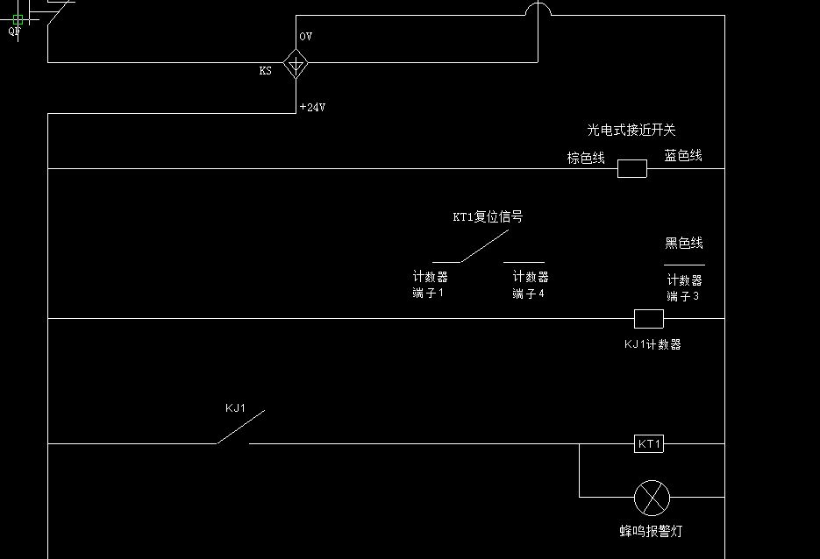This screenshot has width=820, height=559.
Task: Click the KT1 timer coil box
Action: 649,444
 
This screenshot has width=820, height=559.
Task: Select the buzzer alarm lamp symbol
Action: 652,498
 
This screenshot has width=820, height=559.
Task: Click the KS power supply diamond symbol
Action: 296,63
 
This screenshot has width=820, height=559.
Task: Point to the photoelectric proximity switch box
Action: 632,168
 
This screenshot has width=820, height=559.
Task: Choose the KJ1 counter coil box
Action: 648,318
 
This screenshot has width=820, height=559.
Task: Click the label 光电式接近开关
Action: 631,130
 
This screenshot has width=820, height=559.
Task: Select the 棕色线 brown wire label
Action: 586,158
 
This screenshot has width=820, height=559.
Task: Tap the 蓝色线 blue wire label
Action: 683,155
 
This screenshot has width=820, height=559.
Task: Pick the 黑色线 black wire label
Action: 684,243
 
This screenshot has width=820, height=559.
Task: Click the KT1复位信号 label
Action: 488,216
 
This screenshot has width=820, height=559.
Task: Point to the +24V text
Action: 312,108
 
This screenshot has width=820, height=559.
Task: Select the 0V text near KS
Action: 305,37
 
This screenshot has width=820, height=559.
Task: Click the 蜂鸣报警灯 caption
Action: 650,530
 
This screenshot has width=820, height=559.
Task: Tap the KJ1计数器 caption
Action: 652,344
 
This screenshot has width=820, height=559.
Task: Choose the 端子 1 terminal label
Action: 429,294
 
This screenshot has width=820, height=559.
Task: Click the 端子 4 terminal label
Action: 529,294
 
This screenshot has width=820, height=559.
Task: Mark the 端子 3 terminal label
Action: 683,297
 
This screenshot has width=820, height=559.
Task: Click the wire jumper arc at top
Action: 538,9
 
